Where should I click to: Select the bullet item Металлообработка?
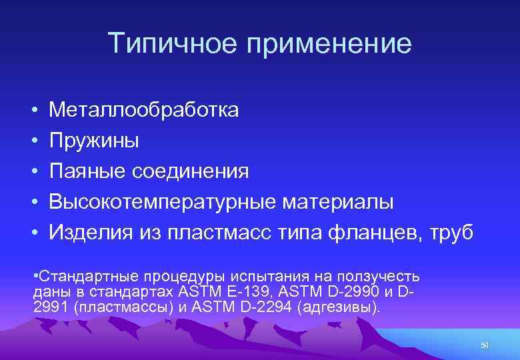(143, 109)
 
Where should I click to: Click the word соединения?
(191, 171)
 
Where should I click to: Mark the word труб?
(451, 233)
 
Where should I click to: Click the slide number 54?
(485, 345)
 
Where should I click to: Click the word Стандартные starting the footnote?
(76, 276)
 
